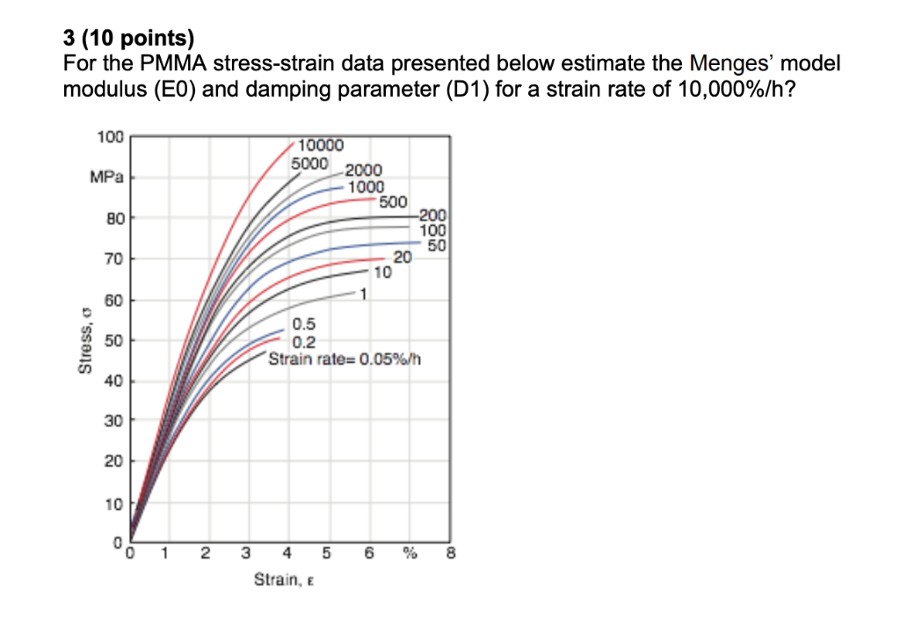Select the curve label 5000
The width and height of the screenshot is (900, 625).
[310, 164]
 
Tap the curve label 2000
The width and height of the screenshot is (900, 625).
[363, 171]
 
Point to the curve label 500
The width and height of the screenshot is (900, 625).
[393, 201]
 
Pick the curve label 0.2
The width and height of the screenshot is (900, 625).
[305, 343]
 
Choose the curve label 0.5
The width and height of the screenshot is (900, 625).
[305, 327]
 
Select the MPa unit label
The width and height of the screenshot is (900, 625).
[105, 178]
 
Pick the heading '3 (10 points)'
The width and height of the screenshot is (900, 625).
[131, 39]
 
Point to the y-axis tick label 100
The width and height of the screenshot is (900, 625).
[111, 138]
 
